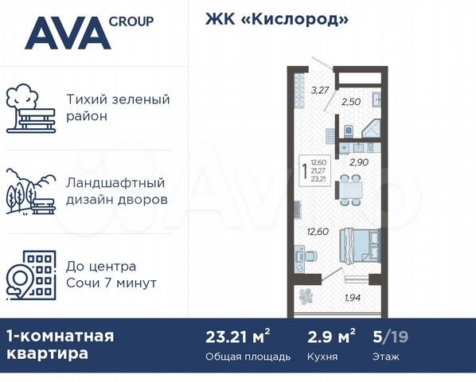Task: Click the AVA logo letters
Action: [67, 34]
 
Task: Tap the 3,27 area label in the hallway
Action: [318, 90]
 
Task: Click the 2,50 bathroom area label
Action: [351, 102]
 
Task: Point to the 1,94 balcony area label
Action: [353, 298]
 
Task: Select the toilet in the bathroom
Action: [348, 131]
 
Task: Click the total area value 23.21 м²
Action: [237, 336]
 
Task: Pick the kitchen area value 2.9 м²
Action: [330, 336]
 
